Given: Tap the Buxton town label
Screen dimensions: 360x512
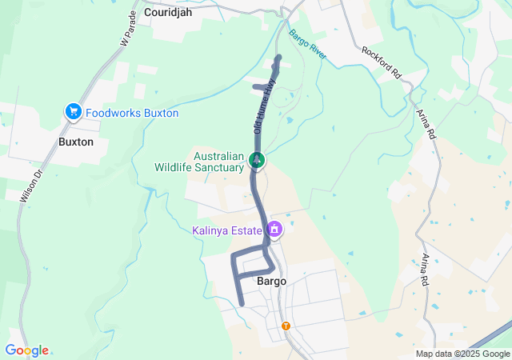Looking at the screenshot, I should (76, 142).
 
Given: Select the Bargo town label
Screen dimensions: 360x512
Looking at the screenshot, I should (271, 282).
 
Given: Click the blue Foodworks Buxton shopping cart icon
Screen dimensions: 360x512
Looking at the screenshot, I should (74, 113).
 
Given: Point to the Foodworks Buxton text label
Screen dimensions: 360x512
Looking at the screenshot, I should (132, 114).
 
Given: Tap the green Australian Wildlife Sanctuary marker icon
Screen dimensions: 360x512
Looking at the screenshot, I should (257, 160).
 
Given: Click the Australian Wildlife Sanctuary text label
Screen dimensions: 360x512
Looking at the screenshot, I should (199, 162).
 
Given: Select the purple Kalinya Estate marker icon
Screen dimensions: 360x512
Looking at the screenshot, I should (274, 230).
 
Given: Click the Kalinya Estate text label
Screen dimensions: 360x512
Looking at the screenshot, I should (227, 231).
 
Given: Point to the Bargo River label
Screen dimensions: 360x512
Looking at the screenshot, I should (307, 46).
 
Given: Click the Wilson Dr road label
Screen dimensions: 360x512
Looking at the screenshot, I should (29, 182).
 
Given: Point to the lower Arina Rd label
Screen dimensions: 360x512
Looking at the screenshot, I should (424, 270).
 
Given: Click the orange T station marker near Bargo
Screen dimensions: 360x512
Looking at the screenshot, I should (286, 326).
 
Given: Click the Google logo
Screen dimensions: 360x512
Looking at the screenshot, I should (26, 350).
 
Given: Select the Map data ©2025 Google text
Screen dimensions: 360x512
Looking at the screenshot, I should (462, 354).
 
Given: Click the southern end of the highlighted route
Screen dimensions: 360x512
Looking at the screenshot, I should (241, 303).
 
